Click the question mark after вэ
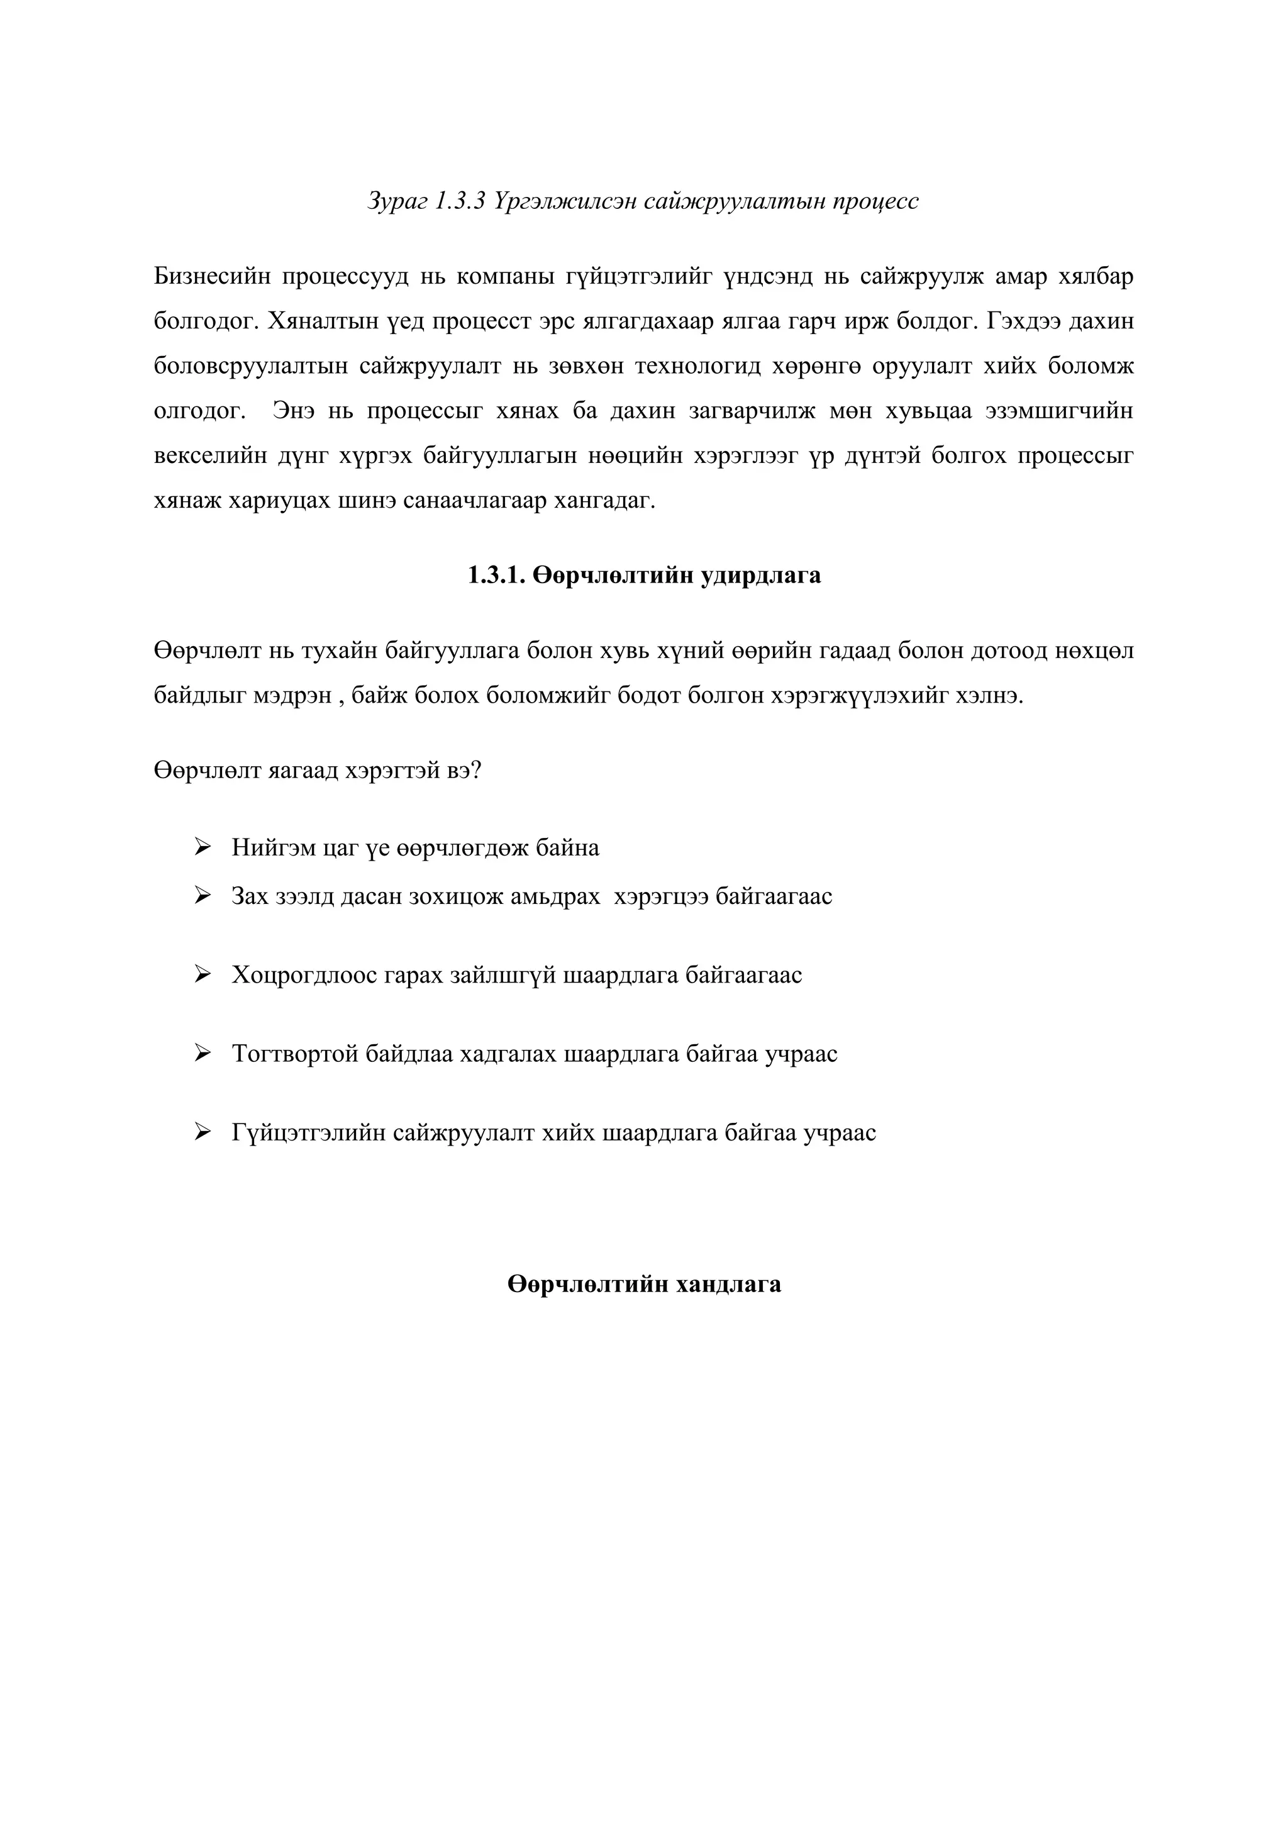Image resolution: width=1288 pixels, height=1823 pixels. [475, 770]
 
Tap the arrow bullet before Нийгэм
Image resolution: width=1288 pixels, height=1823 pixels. [203, 847]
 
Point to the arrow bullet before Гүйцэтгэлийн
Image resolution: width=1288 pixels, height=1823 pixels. [203, 1132]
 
